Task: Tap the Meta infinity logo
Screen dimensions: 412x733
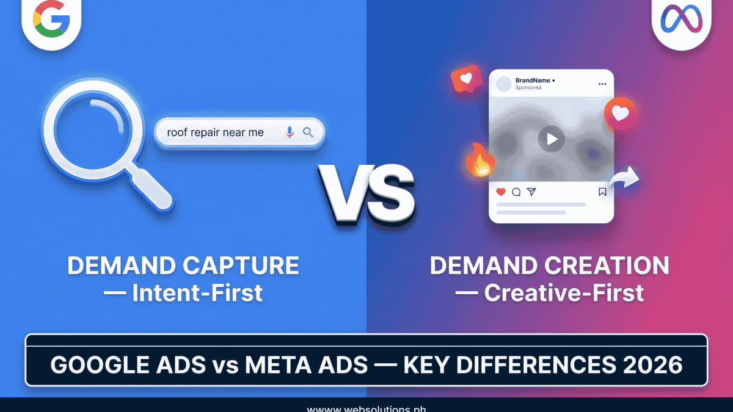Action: (680, 19)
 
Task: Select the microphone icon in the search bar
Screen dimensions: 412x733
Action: (290, 132)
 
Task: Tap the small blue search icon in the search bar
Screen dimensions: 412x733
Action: (308, 132)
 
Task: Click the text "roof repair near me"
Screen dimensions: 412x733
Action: (215, 132)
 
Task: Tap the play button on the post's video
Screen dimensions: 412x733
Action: (551, 139)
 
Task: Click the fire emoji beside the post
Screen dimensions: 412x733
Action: (479, 160)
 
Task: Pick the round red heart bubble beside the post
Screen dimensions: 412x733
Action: (620, 114)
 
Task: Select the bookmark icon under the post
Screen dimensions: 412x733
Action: (602, 192)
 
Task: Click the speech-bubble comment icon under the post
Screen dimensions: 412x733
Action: (516, 192)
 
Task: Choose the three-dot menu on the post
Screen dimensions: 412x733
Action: (602, 84)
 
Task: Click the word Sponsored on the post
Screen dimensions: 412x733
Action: (528, 88)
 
